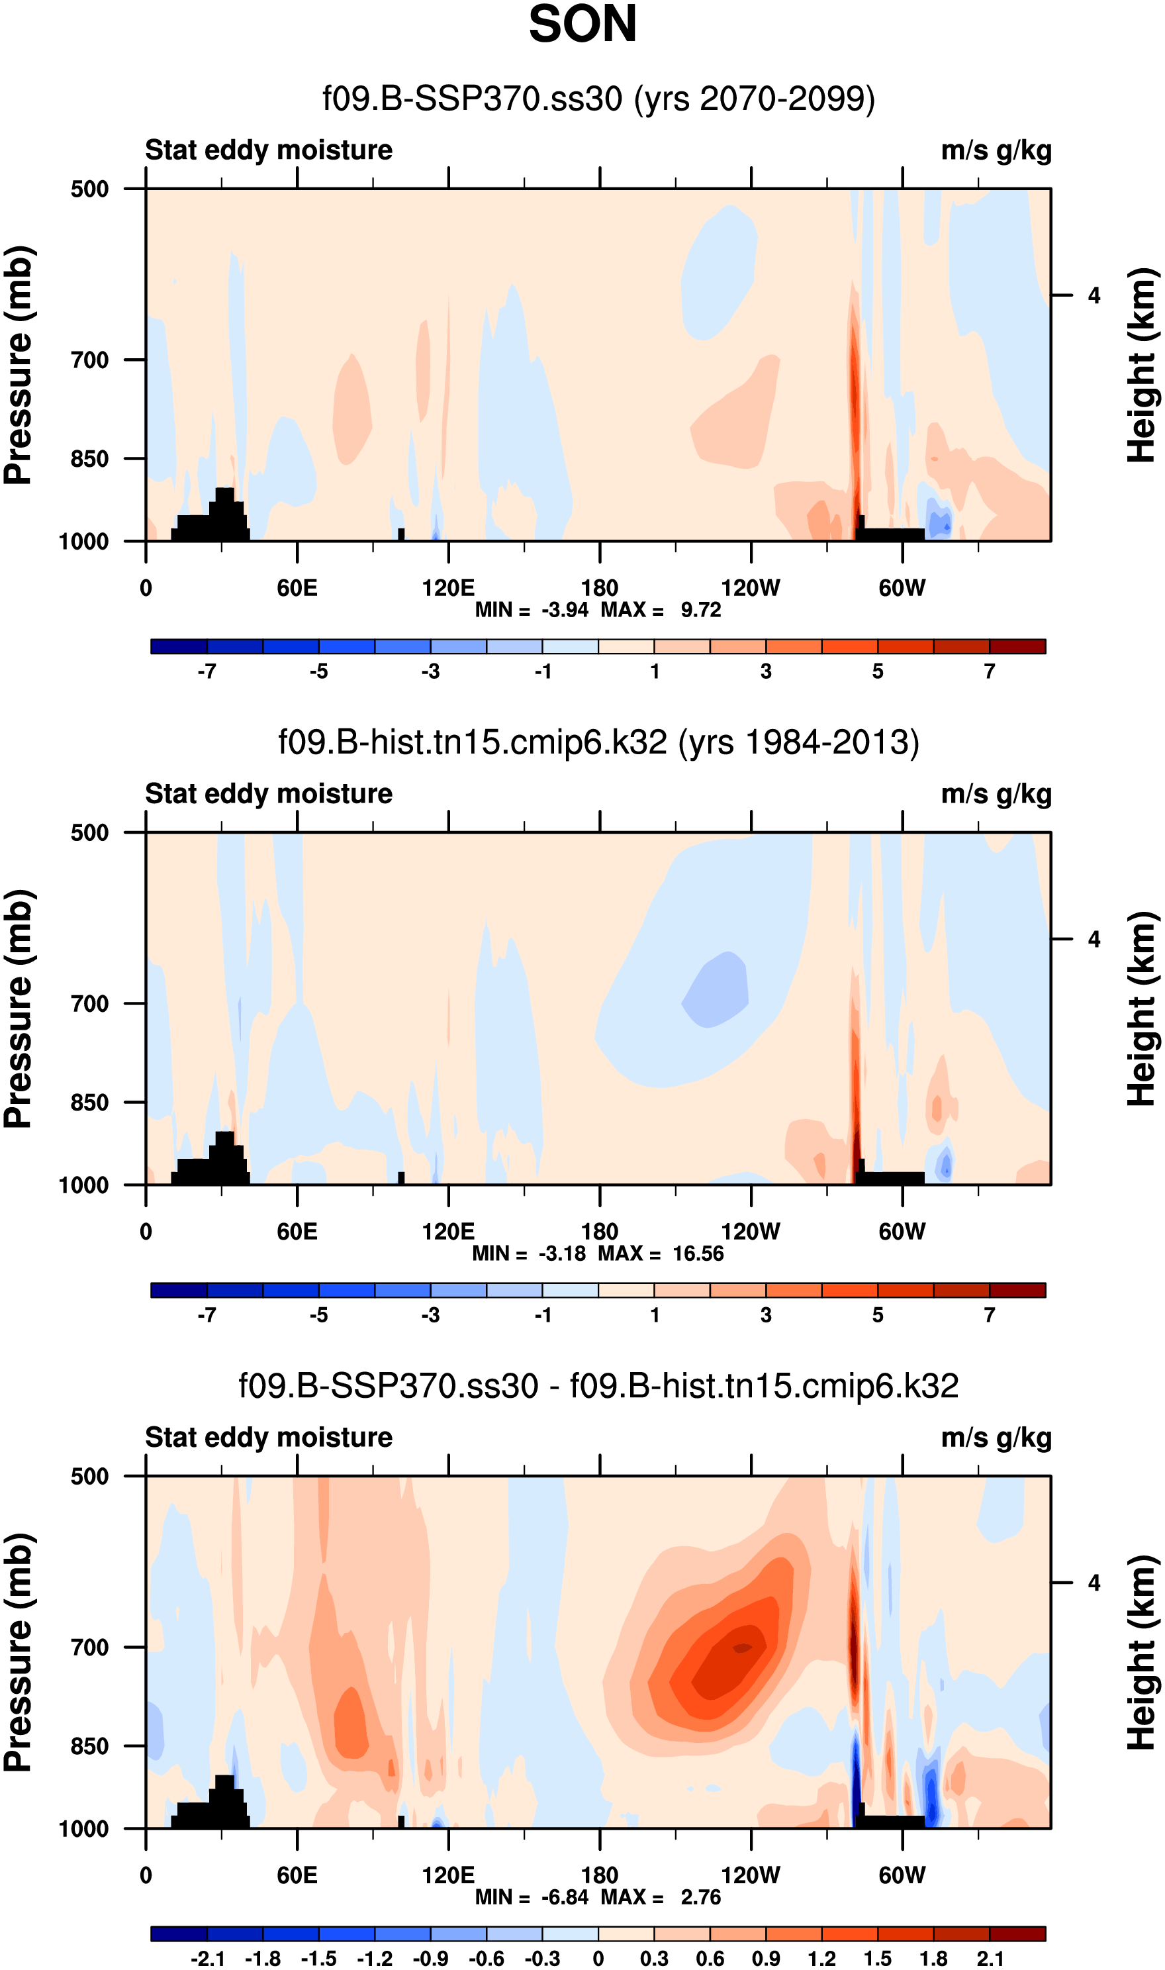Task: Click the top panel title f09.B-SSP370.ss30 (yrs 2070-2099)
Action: point(598,99)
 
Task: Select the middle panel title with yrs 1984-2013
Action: point(598,742)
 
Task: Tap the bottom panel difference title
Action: point(598,1386)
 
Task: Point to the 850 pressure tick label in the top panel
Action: point(89,458)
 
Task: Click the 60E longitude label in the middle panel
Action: point(297,1231)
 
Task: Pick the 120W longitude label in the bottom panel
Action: point(751,1875)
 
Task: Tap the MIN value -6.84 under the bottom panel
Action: point(565,1897)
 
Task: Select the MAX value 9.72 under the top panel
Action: point(700,610)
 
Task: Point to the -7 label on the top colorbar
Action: point(207,671)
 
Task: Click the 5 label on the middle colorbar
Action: point(878,1315)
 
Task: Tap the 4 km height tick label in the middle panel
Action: point(1094,939)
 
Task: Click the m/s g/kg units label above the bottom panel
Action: point(996,1438)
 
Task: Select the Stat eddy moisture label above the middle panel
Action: point(269,794)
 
